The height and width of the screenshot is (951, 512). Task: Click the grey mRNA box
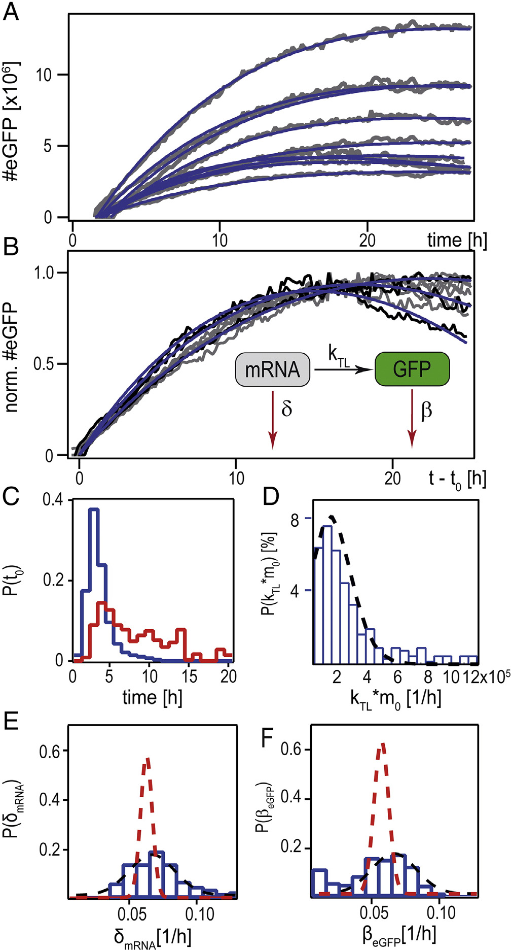click(273, 369)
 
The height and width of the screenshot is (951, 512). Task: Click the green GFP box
click(412, 369)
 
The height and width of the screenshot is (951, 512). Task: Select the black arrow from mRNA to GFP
click(342, 369)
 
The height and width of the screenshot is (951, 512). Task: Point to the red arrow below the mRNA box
click(273, 419)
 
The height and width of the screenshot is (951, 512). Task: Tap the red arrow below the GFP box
click(412, 419)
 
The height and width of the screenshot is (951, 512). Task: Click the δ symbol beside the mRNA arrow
click(287, 408)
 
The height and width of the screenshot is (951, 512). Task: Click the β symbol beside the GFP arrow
click(426, 410)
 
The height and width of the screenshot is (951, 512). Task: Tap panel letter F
click(268, 739)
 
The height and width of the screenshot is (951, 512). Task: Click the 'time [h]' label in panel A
click(457, 240)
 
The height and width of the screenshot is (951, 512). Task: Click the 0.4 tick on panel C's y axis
click(53, 500)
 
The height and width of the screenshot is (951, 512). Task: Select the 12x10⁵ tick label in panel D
click(490, 676)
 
